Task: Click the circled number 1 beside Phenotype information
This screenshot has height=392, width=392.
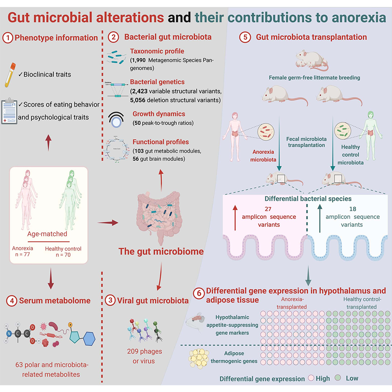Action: (7, 38)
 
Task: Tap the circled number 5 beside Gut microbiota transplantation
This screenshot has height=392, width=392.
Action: (246, 38)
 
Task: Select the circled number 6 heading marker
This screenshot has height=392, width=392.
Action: (199, 293)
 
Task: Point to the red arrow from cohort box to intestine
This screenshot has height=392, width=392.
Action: (107, 223)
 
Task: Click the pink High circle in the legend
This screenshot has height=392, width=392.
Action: (312, 378)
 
